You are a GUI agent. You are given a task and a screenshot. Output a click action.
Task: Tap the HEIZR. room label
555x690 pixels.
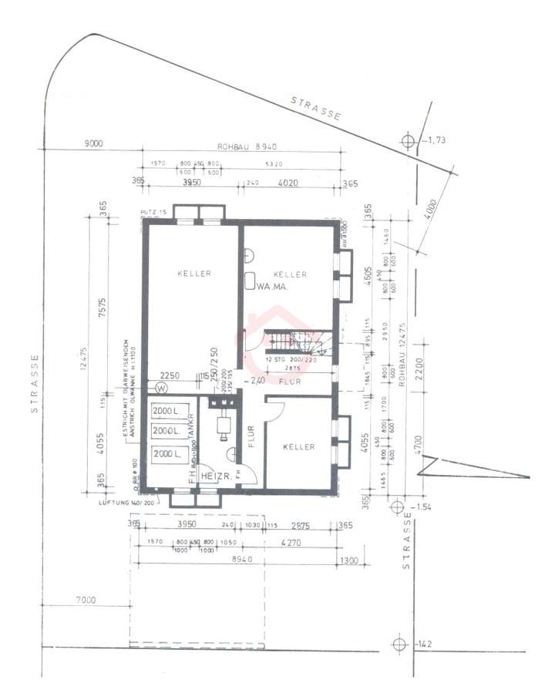tap(216, 477)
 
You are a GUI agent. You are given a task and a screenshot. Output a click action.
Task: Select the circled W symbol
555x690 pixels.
tap(162, 387)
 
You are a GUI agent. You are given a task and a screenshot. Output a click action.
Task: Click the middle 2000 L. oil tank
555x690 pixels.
tap(166, 430)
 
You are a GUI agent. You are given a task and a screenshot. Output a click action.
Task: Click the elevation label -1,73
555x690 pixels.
tap(436, 140)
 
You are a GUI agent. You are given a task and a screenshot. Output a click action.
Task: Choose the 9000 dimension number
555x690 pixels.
tap(94, 143)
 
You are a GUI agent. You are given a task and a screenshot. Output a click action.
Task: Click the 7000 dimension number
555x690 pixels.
tap(86, 600)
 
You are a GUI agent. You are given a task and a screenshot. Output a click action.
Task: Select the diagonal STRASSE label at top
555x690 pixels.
tap(316, 108)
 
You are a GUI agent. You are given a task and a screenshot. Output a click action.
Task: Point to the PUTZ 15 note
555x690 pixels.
tap(155, 211)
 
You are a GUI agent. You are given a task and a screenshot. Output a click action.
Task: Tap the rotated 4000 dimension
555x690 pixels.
tap(429, 214)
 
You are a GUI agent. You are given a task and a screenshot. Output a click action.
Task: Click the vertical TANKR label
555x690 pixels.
tap(190, 430)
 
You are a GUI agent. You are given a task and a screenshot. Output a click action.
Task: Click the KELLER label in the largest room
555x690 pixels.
tap(193, 274)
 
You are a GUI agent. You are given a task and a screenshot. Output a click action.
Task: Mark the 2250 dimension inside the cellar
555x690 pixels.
tap(170, 375)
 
